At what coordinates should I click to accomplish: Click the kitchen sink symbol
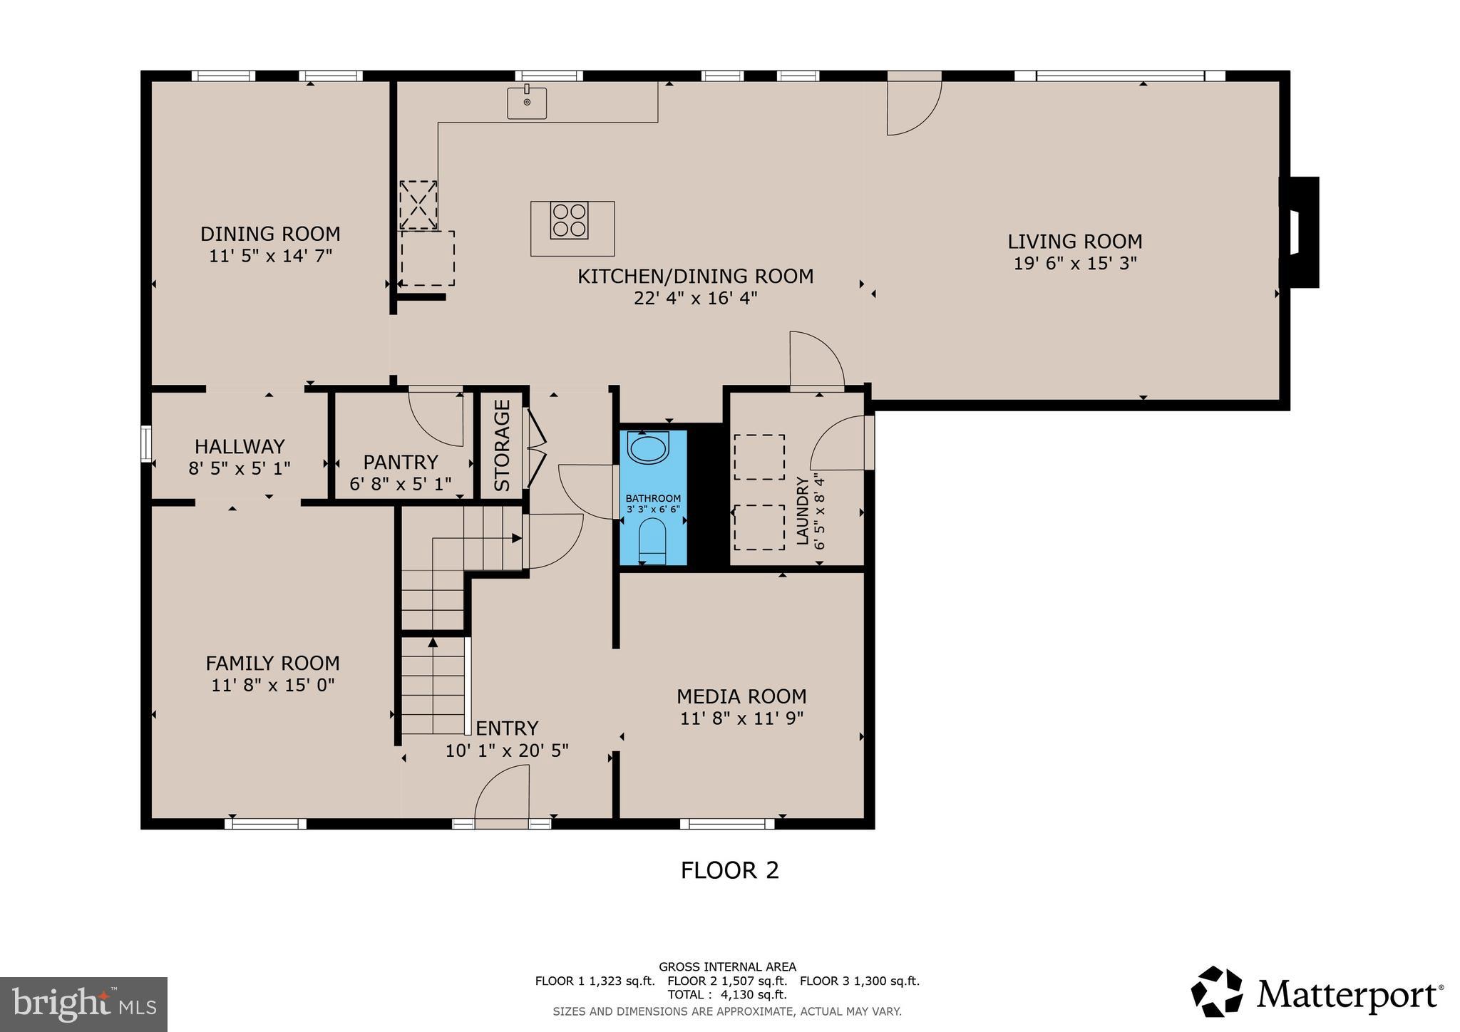tap(527, 103)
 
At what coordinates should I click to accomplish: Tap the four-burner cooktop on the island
tap(569, 220)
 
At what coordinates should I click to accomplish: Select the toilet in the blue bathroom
tap(652, 540)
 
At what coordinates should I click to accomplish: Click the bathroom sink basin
tap(648, 449)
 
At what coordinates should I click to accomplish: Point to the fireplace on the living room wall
tap(1300, 232)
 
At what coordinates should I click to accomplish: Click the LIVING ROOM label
tap(1074, 242)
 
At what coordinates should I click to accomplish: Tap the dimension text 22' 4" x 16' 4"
tap(695, 298)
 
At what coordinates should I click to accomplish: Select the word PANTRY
tap(401, 462)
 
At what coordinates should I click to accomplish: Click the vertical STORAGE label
tap(503, 445)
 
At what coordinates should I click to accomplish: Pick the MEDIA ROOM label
tap(741, 696)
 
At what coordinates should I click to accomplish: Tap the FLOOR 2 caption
tap(729, 870)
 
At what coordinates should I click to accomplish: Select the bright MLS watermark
tap(83, 1004)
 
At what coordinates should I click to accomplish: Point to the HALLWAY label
tap(240, 447)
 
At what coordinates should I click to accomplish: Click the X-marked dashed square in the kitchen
tap(418, 205)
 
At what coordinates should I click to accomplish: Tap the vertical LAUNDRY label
tap(803, 512)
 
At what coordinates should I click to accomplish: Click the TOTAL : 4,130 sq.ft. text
tap(726, 994)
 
